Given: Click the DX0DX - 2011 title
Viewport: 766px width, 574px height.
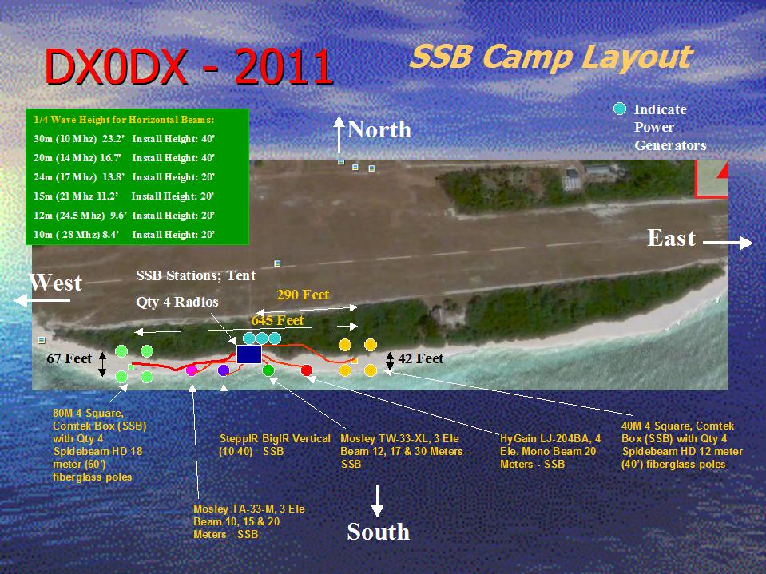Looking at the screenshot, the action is tap(189, 67).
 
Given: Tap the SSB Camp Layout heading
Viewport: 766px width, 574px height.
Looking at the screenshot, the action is tap(551, 57).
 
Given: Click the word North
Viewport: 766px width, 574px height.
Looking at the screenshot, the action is tap(379, 129).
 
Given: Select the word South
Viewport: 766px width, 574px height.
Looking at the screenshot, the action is tap(378, 532).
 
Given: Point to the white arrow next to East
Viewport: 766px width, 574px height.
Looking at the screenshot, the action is tap(728, 243).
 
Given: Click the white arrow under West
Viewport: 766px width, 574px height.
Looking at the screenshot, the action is tap(42, 300).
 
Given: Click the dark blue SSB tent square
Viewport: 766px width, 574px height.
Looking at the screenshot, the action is tap(249, 354).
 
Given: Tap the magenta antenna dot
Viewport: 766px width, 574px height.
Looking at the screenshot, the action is tap(192, 370).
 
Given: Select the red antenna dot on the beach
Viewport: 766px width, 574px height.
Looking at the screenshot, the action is tap(307, 370).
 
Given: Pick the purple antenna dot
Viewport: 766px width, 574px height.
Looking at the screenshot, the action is tap(224, 370).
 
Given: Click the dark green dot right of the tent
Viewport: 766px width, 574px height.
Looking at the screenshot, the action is tap(268, 370).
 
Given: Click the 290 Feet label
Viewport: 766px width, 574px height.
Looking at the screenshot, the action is tap(303, 295).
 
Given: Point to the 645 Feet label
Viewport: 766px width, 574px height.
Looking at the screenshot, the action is tap(277, 320).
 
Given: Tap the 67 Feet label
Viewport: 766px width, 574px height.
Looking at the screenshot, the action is tap(69, 358).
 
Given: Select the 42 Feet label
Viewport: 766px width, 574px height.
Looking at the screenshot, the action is tap(420, 358).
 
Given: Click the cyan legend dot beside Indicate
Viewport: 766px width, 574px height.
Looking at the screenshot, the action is tap(620, 109).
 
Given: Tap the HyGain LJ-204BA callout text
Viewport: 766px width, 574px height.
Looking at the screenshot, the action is tap(550, 451).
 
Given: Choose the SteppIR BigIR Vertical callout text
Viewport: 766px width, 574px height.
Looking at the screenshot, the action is tap(275, 445).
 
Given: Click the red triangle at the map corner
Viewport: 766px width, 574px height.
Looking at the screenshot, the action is tap(724, 170).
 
